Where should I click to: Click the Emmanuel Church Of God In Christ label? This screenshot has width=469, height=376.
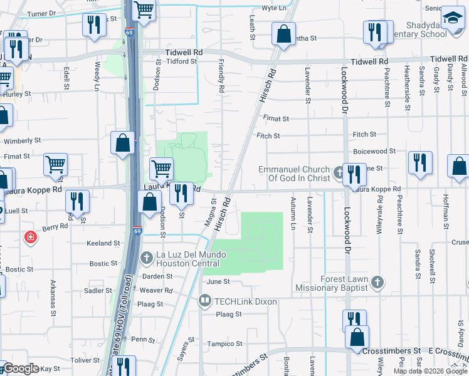(x=295, y=174)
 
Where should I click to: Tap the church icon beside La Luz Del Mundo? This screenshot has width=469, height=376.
(x=146, y=258)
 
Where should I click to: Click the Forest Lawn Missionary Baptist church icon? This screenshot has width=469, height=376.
(x=377, y=282)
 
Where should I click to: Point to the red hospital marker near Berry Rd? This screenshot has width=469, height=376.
(x=29, y=237)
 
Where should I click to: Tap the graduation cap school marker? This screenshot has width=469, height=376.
(x=451, y=19)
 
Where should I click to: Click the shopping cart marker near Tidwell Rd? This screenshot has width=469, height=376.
(x=144, y=11)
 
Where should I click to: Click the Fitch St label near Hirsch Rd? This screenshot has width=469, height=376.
(x=268, y=135)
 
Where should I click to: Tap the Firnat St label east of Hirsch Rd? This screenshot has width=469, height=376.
(x=276, y=118)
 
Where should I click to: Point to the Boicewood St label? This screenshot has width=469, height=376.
(x=374, y=151)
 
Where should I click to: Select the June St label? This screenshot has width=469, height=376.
(x=218, y=282)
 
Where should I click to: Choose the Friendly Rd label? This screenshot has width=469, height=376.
(x=221, y=76)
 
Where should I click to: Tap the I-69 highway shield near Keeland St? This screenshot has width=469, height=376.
(x=137, y=231)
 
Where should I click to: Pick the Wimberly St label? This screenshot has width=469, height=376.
(x=26, y=141)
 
